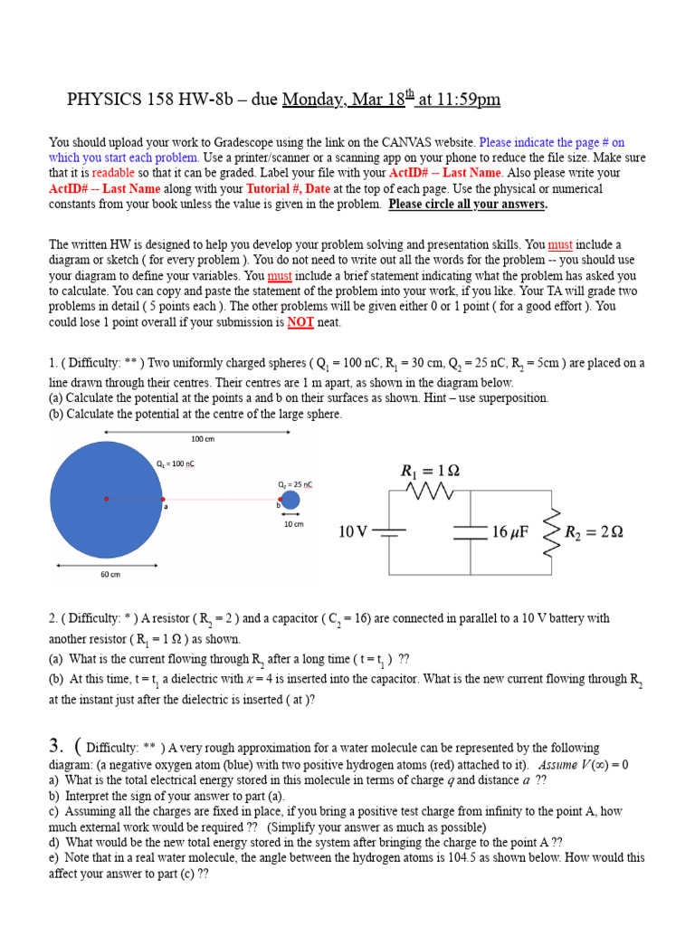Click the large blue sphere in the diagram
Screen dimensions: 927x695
106,499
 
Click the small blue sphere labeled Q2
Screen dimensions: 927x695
290,500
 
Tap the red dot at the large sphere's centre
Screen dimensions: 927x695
106,499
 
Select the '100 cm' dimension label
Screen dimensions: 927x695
203,440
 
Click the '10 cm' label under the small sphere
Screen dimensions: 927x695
293,524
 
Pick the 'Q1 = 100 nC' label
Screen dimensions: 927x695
176,463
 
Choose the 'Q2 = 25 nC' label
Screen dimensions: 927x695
295,484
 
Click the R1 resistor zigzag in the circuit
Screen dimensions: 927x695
431,491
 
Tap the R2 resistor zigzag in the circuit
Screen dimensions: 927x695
549,532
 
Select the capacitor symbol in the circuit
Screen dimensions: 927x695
471,532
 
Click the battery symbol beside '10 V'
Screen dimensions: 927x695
390,532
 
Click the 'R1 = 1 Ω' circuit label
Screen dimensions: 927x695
431,470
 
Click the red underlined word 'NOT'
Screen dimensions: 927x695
300,322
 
